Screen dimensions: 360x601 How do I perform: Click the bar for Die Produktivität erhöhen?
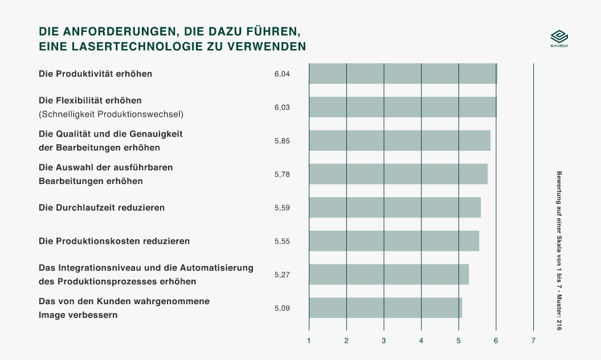(403, 74)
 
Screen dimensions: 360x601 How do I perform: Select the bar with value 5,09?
(385, 308)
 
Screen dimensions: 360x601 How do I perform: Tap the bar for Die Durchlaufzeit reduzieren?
(394, 207)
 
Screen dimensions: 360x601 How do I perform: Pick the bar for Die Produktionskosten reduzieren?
(394, 241)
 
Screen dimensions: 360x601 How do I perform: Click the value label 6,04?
(282, 74)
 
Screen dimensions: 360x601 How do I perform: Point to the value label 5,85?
(282, 141)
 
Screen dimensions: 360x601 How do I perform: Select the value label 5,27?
(282, 275)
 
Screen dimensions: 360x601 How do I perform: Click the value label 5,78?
(282, 174)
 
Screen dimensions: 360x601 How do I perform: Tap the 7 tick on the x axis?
(533, 341)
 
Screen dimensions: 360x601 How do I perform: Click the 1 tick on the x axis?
(309, 341)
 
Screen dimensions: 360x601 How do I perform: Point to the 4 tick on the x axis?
(421, 341)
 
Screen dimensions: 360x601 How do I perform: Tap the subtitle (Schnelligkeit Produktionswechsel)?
(111, 114)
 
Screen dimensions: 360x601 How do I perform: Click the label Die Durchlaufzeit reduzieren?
(101, 207)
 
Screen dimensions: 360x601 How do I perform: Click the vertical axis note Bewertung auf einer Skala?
(559, 251)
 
